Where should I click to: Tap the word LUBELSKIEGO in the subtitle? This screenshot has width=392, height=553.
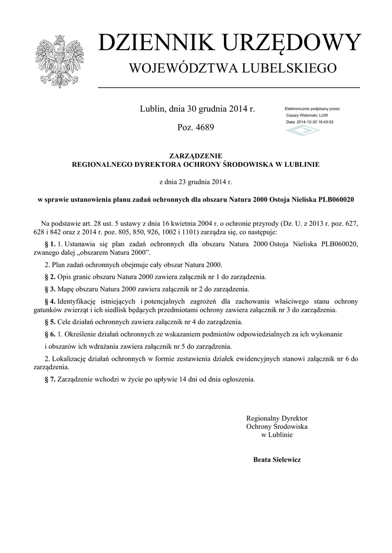point(294,69)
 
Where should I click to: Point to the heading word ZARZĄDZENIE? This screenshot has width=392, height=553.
point(196,156)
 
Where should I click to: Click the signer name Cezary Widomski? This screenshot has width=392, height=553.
point(302,116)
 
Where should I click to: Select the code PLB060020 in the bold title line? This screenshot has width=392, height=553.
point(335,199)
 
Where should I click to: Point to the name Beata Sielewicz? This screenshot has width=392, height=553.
point(277,460)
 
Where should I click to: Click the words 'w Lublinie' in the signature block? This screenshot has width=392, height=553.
point(277,435)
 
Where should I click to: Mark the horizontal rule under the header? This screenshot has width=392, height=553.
point(229,87)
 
